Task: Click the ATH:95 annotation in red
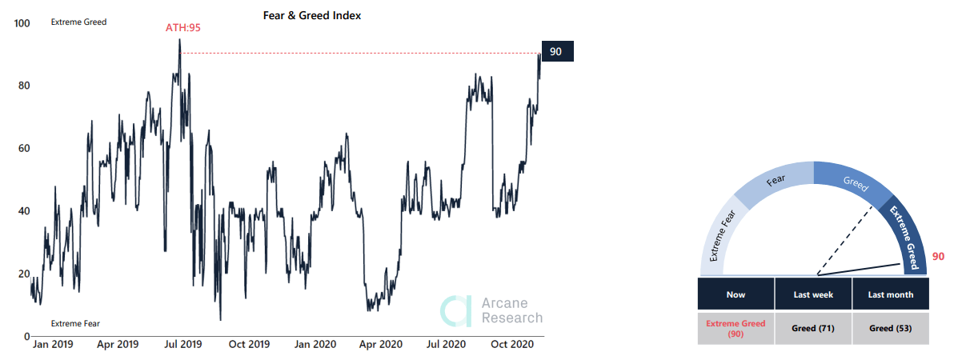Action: coord(182,27)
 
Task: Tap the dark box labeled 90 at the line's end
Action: coord(557,52)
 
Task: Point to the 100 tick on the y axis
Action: coord(22,23)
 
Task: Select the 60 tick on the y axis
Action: coord(23,149)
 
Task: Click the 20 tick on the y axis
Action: coord(23,274)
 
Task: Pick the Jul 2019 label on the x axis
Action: coord(183,344)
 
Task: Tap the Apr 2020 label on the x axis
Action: coord(380,344)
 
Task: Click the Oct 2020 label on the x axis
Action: coord(512,344)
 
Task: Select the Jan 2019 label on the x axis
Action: coord(52,344)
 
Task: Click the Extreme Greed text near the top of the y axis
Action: coord(78,22)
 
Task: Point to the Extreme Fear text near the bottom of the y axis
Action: coord(76,323)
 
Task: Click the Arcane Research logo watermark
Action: coord(492,310)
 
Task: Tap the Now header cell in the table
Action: coord(736,294)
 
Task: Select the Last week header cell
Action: coord(813,294)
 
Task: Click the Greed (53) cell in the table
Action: coord(891,328)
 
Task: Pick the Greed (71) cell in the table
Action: coord(813,328)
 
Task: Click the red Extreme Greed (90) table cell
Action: coord(736,328)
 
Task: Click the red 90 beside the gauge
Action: coord(939,257)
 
